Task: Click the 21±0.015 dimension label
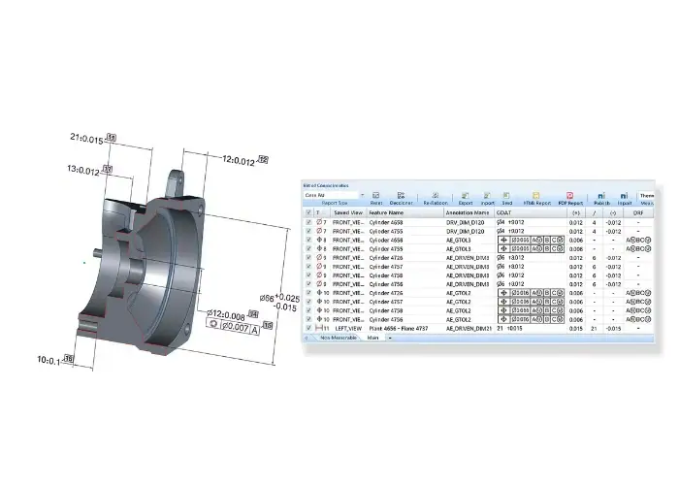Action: click(x=88, y=140)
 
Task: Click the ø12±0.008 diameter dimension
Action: click(x=230, y=314)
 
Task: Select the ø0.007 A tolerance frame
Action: click(x=231, y=327)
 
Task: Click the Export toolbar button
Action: click(x=466, y=200)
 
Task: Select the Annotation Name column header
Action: click(x=468, y=211)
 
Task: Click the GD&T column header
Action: click(x=505, y=211)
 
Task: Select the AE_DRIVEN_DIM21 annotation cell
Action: click(x=469, y=329)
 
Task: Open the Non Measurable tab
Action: click(x=337, y=339)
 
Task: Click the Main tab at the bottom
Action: click(x=373, y=339)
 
